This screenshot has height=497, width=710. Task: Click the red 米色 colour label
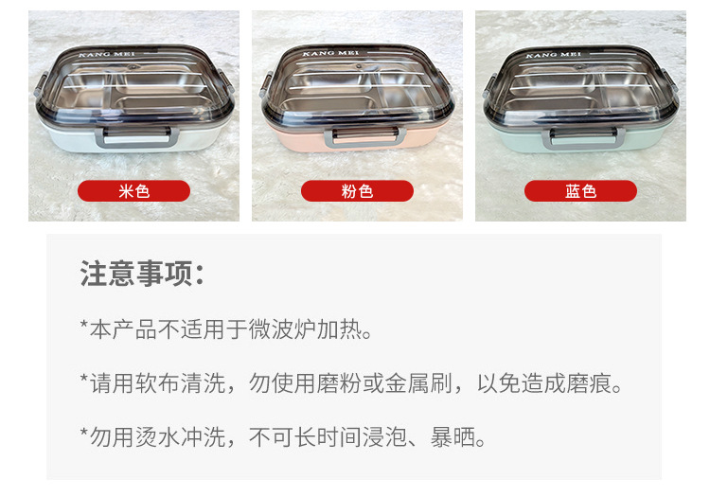point(133,191)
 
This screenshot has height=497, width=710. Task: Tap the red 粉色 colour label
point(357,191)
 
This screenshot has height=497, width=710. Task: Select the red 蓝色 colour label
point(580,191)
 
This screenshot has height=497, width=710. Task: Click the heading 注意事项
point(142,275)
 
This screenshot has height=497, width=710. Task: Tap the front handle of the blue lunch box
point(584,134)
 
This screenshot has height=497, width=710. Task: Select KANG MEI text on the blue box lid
point(554,56)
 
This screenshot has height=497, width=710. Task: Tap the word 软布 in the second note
point(168,383)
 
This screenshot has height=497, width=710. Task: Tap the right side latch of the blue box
point(677,90)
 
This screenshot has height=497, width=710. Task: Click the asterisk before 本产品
point(84,328)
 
